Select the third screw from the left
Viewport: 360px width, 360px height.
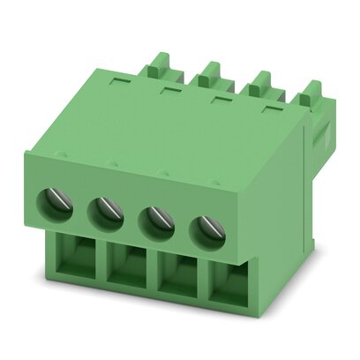(157, 218)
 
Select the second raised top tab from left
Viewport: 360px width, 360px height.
(212, 72)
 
